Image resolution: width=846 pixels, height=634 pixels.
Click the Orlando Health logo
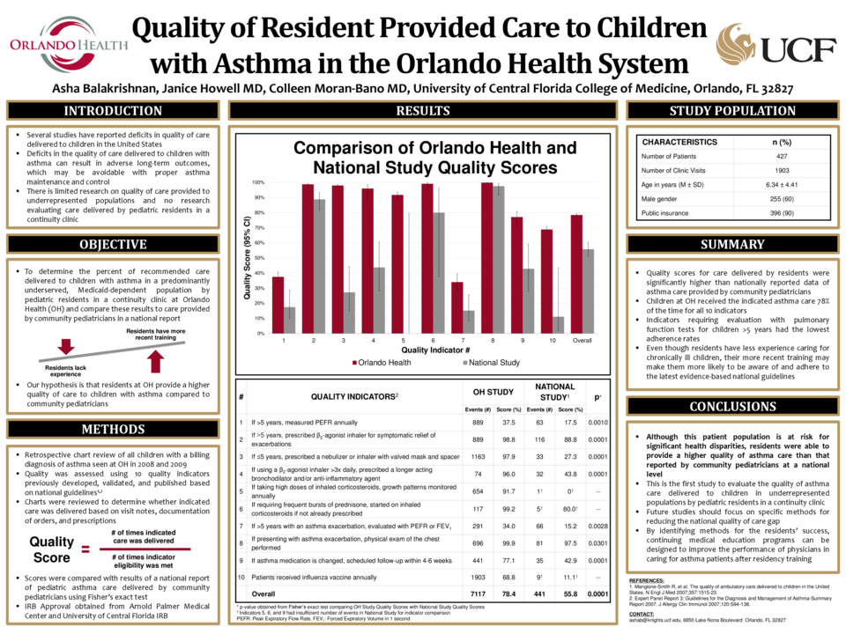63,46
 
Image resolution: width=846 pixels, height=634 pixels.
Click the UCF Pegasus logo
735,44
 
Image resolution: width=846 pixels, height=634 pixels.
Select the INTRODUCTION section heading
113,111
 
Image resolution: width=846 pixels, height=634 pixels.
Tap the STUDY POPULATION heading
732,111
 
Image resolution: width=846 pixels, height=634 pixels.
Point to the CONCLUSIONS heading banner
732,407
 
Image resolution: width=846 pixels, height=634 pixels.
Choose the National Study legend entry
489,362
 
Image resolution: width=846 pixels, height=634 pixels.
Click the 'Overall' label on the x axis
582,339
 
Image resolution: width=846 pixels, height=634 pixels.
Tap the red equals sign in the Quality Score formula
85,549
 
